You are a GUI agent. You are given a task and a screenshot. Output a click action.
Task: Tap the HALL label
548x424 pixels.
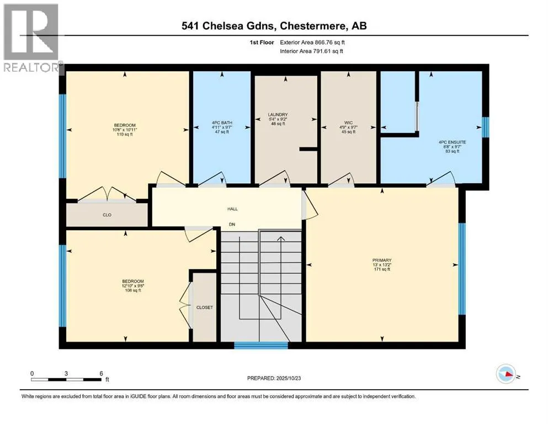coord(232,209)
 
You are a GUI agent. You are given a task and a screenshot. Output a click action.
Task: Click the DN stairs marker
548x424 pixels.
coord(232,224)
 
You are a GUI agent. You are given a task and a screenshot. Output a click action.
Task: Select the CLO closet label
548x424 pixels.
coord(107,215)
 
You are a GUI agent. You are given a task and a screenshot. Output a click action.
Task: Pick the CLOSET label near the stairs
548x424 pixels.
coord(205,308)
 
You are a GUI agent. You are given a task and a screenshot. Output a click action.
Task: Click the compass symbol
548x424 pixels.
coord(507,375)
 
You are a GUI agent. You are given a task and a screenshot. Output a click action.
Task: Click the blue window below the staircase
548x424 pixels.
coord(260,346)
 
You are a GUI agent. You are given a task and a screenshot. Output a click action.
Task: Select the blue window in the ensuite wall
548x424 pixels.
coord(486,126)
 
